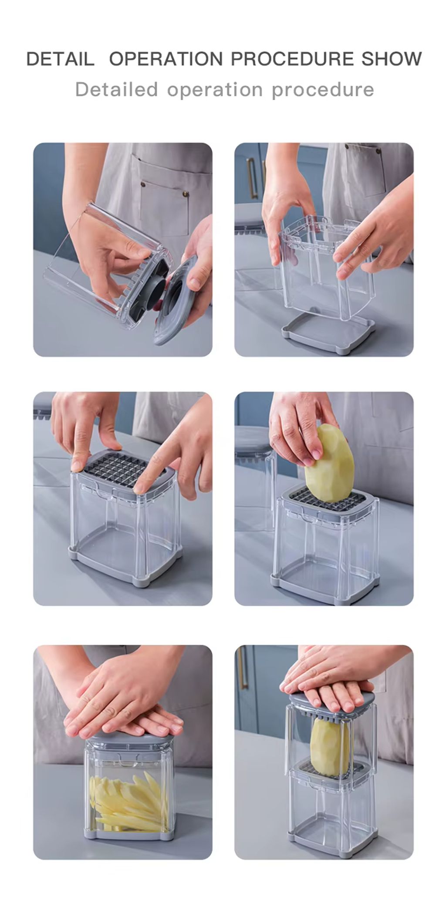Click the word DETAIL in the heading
[60, 59]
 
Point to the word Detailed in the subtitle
[116, 90]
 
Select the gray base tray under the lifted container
[328, 332]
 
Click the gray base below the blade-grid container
[126, 565]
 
